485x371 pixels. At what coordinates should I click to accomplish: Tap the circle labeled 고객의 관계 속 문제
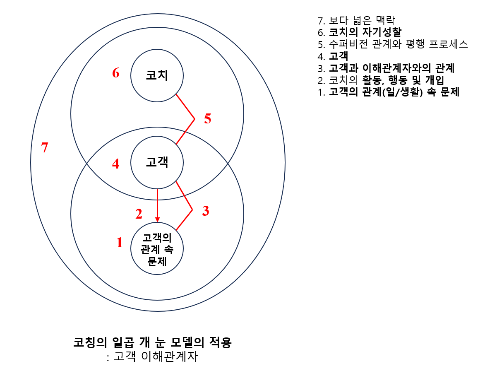tap(157, 249)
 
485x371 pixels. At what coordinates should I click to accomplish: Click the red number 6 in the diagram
tap(116, 73)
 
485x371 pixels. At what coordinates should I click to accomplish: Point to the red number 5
tap(208, 119)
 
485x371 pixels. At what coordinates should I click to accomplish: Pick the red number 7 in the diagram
tap(45, 147)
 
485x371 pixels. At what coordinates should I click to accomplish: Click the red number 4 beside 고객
tap(116, 164)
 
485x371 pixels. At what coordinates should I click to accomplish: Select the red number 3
tap(205, 211)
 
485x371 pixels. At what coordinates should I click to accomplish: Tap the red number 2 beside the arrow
tap(139, 214)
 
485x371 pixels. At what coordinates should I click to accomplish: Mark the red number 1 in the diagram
tap(120, 243)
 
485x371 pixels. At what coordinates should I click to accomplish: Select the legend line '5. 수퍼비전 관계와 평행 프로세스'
tap(393, 44)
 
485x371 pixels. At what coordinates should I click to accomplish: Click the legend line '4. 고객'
tap(333, 56)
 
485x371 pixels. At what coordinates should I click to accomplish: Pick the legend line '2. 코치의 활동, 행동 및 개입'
tap(381, 80)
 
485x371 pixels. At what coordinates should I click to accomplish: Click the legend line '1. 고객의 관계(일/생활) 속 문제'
tap(389, 92)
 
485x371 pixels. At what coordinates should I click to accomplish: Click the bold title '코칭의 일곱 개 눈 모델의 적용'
tap(152, 343)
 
